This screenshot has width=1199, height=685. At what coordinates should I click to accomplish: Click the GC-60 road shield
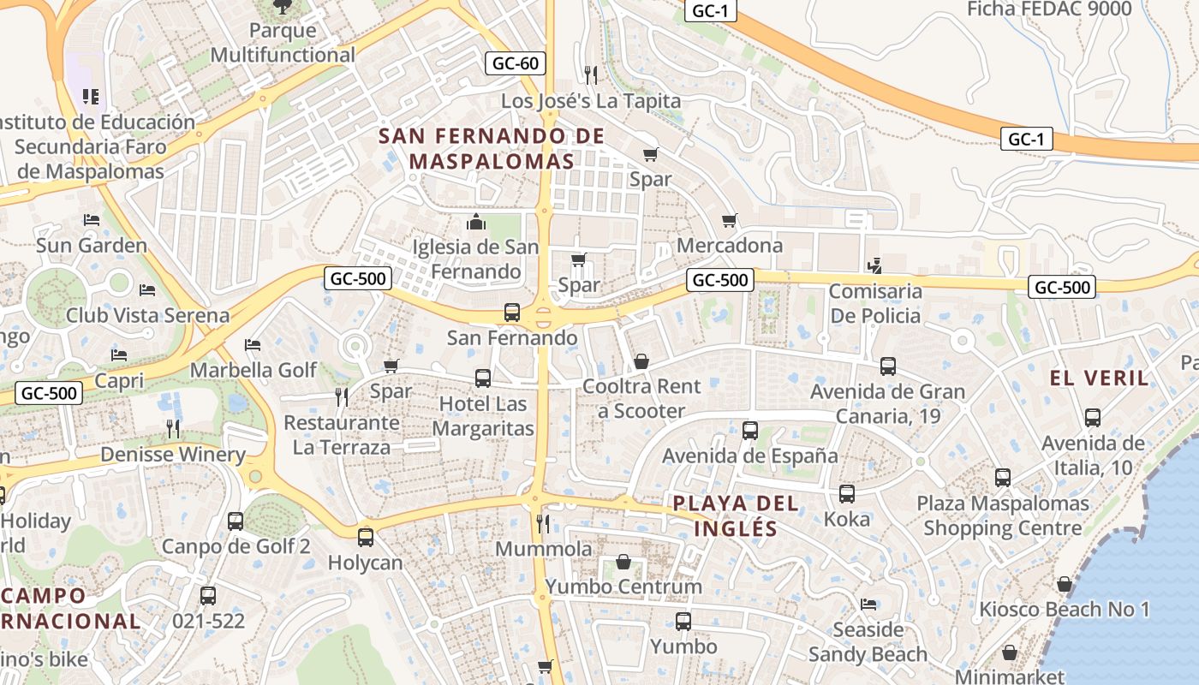pyautogui.click(x=516, y=63)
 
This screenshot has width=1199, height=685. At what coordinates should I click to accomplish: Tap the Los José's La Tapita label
pyautogui.click(x=591, y=101)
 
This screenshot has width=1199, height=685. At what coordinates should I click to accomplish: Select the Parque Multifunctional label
pyautogui.click(x=283, y=43)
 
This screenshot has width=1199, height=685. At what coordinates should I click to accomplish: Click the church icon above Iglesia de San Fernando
pyautogui.click(x=476, y=223)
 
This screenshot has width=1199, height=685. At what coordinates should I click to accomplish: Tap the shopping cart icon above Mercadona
pyautogui.click(x=730, y=221)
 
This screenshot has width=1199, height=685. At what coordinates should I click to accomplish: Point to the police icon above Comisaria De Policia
pyautogui.click(x=874, y=266)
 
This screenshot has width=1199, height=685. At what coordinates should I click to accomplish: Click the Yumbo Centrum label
pyautogui.click(x=623, y=587)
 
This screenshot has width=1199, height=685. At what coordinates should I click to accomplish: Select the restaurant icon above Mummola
pyautogui.click(x=542, y=522)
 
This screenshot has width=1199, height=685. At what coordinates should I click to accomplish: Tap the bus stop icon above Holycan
pyautogui.click(x=366, y=537)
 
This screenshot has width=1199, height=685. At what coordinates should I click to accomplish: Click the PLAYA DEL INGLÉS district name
pyautogui.click(x=736, y=515)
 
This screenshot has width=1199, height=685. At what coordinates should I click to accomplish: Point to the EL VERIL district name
pyautogui.click(x=1099, y=378)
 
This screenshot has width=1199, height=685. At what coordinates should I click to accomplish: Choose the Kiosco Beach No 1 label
pyautogui.click(x=1064, y=610)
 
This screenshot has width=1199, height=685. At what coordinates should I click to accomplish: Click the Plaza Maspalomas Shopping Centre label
pyautogui.click(x=1003, y=515)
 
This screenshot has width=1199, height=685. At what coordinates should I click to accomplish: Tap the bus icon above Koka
pyautogui.click(x=847, y=494)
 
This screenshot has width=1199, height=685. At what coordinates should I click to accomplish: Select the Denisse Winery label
pyautogui.click(x=173, y=455)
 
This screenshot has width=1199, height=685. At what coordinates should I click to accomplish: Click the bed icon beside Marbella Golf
pyautogui.click(x=253, y=345)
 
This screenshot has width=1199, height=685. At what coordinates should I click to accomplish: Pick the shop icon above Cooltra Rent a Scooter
pyautogui.click(x=641, y=361)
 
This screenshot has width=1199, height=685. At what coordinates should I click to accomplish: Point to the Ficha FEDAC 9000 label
pyautogui.click(x=1049, y=9)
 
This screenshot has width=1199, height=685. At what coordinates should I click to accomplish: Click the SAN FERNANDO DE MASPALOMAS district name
pyautogui.click(x=492, y=148)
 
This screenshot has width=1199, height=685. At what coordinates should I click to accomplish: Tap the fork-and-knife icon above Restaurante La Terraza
pyautogui.click(x=341, y=396)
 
